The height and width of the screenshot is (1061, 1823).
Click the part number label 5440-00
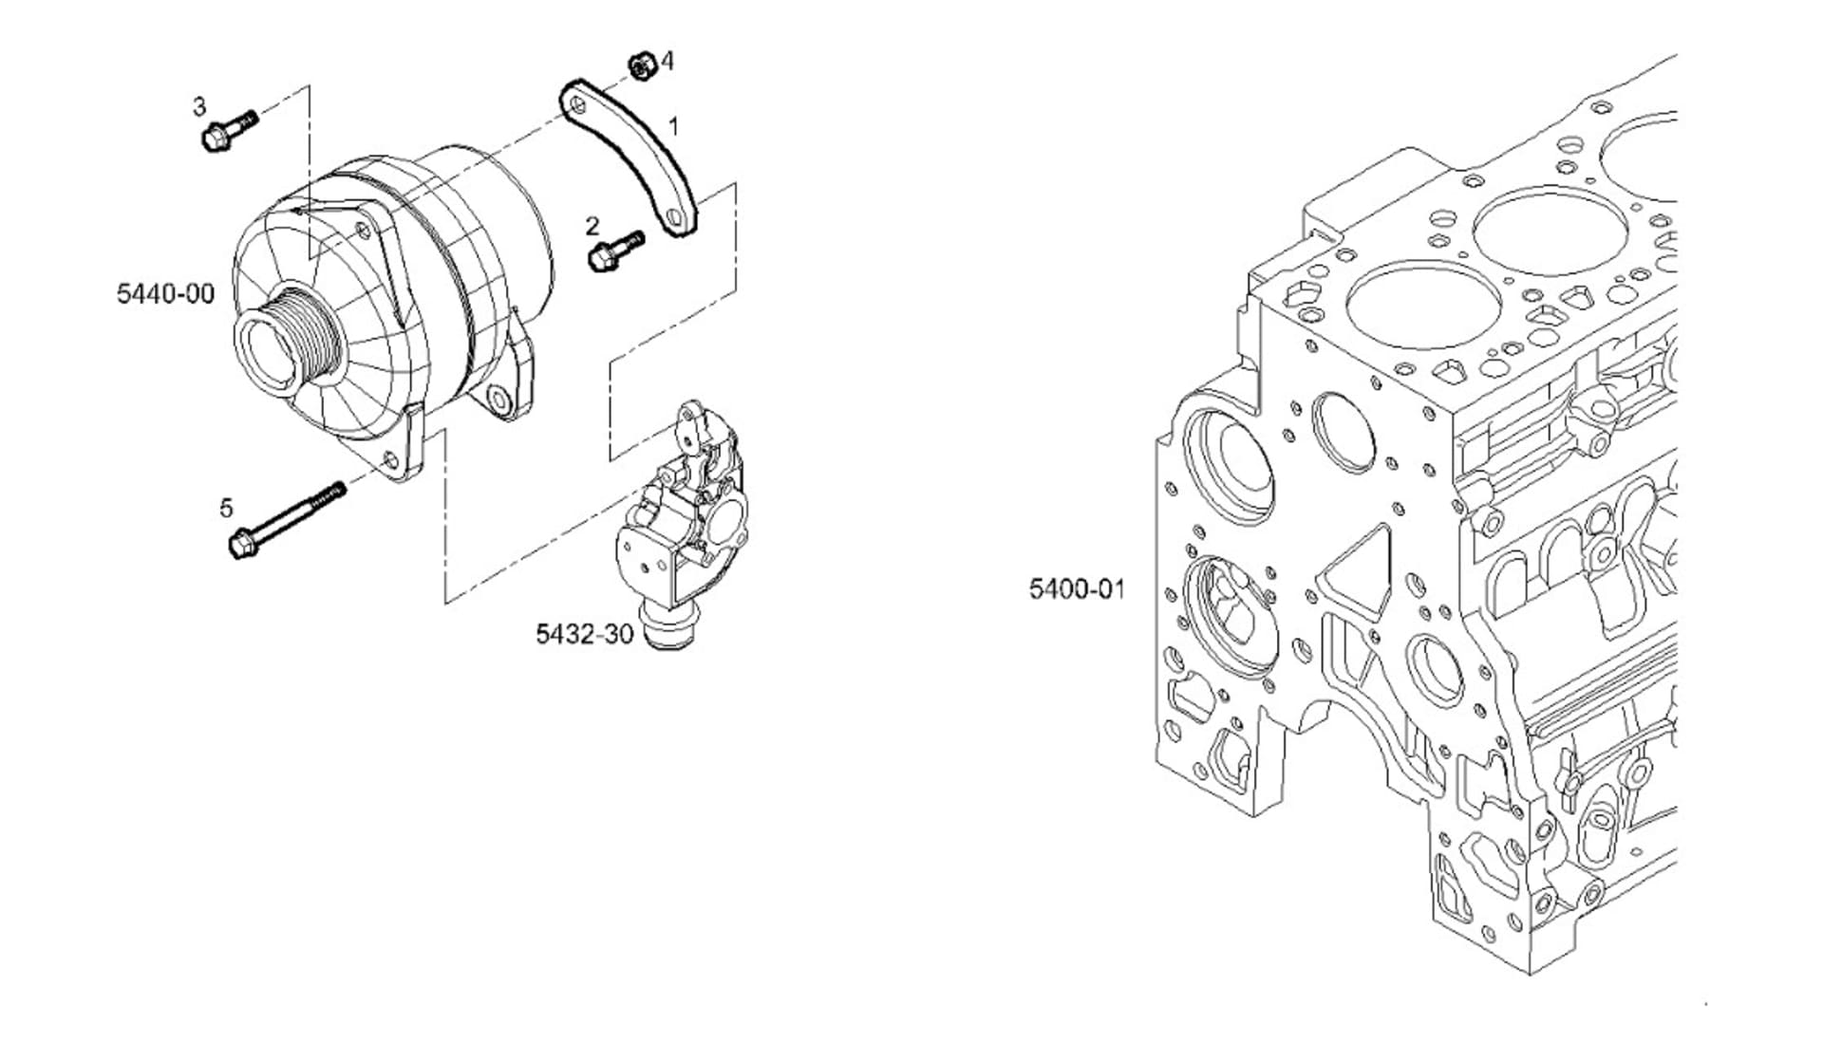165,294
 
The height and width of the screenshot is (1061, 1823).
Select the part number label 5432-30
584,634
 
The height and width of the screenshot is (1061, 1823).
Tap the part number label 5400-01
1077,589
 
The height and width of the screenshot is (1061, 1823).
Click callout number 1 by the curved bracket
673,126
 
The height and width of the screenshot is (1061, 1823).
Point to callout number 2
592,226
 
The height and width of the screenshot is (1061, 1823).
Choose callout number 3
199,106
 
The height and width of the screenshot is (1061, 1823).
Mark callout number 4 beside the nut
667,62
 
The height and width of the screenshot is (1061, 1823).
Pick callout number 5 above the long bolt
226,509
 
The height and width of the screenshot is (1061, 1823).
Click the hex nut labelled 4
644,66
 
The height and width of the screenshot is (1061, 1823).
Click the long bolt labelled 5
287,520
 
